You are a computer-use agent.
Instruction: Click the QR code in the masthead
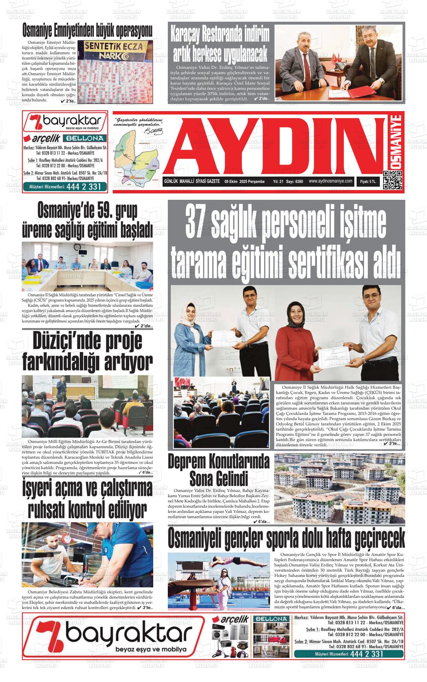(392, 180)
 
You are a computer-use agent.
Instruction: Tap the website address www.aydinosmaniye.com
(331, 181)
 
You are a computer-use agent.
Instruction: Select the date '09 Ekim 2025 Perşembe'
(244, 182)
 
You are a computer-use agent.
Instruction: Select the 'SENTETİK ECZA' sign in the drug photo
(105, 47)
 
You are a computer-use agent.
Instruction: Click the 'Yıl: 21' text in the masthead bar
(278, 182)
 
